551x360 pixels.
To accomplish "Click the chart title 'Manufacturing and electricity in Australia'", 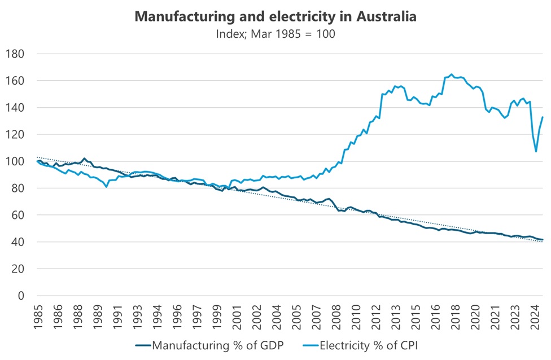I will (275, 16).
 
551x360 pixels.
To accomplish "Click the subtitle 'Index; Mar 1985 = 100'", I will (275, 33).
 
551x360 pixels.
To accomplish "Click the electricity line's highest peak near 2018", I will (451, 74).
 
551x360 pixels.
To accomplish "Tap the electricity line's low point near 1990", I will (106, 187).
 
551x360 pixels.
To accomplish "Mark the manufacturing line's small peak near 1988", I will (84, 159).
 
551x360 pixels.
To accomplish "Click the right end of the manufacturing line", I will (543, 240).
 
